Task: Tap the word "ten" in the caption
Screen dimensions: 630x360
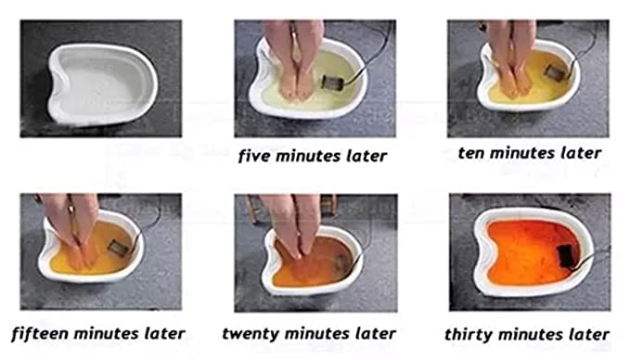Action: point(471,153)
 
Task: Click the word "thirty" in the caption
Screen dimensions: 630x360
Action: point(469,334)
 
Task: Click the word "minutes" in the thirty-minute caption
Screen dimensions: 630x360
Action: point(530,334)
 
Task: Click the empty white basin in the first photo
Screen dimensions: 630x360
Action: point(102,84)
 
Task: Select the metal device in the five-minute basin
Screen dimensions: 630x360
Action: point(332,83)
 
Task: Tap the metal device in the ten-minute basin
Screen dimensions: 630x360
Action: point(555,72)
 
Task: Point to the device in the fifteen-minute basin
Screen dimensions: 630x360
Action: point(119,248)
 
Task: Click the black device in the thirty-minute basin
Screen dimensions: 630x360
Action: point(566,256)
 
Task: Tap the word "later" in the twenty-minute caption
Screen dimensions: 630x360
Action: point(376,334)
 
